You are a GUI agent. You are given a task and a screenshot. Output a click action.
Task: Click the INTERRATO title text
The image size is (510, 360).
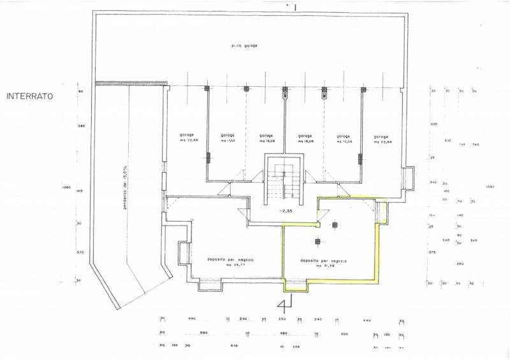coord(30,97)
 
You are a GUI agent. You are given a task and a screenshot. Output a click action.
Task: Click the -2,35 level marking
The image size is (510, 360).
coord(286,210)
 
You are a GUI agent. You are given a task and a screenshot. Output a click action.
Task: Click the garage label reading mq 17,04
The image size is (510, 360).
coord(228,138)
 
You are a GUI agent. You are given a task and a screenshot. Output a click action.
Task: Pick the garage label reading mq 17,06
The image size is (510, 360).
coord(343,138)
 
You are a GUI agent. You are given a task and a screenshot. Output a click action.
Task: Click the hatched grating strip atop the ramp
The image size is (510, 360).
coord(131,82)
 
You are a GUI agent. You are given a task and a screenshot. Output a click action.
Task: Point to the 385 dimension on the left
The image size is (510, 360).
coord(81,126)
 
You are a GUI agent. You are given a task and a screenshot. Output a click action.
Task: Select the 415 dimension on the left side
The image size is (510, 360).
coord(81,191)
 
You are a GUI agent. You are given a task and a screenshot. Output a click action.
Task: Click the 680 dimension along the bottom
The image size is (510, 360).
coord(204,333)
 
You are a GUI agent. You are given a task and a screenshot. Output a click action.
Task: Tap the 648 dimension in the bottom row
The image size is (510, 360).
coord(234,347)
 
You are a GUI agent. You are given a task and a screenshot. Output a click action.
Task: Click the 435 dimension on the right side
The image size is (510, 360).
coord(433,124)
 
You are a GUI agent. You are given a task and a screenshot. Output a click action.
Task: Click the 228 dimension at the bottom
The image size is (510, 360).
coord(295,347)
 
